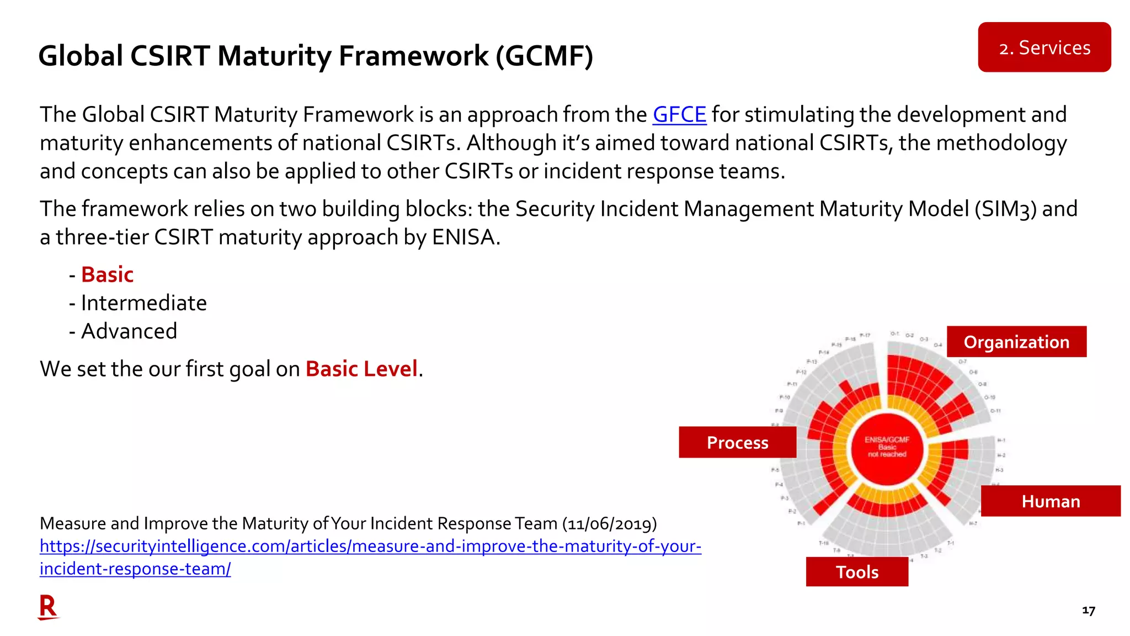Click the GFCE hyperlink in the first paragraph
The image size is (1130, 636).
tap(679, 115)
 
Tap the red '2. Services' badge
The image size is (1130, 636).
tap(1044, 47)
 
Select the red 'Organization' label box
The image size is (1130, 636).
tap(1016, 342)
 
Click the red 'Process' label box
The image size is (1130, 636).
tap(737, 442)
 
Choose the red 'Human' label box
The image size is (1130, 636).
tap(1051, 501)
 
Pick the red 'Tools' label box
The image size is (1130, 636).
tap(857, 572)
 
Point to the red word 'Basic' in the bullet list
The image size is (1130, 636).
tap(108, 274)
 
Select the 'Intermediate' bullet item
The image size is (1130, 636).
tap(143, 303)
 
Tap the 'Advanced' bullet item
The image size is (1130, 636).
tap(129, 331)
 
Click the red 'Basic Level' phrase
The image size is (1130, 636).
tap(361, 369)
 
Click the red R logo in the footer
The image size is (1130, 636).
tap(48, 607)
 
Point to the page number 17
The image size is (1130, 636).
tap(1088, 610)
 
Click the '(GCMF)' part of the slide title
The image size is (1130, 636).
tap(544, 56)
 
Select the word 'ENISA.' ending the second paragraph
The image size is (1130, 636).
tap(466, 237)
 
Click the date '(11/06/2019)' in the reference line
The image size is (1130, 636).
tap(609, 523)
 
